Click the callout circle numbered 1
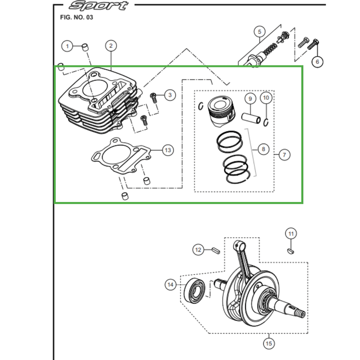tap(67, 46)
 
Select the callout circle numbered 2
tap(111, 46)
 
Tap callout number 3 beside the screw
tap(170, 95)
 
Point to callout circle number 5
tap(260, 31)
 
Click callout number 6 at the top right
tap(317, 62)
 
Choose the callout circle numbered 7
tap(284, 155)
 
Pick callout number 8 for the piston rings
tap(263, 149)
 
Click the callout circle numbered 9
tap(250, 99)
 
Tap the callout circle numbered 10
tap(266, 98)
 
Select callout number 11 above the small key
tap(291, 234)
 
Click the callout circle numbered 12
tap(198, 250)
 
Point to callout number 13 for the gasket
tap(168, 150)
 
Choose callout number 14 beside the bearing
tap(171, 285)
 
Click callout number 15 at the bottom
tap(269, 344)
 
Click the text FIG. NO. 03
tap(76, 18)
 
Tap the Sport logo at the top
tap(99, 5)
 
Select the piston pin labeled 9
tap(251, 118)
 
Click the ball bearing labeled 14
tap(195, 291)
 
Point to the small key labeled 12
tap(216, 250)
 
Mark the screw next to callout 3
tap(153, 98)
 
